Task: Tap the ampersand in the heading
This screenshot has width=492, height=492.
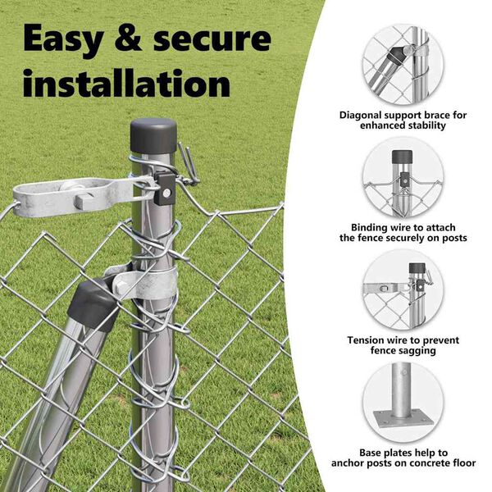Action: click(129, 39)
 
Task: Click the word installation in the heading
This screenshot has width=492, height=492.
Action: click(126, 84)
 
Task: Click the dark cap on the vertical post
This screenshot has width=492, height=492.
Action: click(153, 136)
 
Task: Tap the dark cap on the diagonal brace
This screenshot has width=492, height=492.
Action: click(93, 306)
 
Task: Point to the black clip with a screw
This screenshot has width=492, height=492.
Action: click(165, 189)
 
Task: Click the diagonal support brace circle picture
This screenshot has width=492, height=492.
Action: click(403, 65)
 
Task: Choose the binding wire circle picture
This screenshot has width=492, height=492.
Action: click(403, 177)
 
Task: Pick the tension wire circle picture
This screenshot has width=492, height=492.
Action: click(403, 289)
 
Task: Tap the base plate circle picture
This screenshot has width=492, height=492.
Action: click(403, 403)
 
